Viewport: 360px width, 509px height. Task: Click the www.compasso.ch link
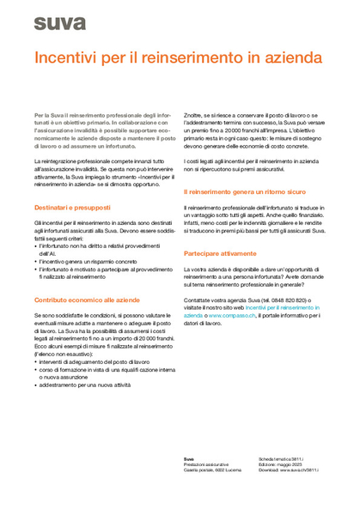[235, 316]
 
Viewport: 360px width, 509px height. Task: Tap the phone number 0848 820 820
[292, 300]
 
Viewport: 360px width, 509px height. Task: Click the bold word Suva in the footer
[188, 459]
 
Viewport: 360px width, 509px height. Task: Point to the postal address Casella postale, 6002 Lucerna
[216, 470]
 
